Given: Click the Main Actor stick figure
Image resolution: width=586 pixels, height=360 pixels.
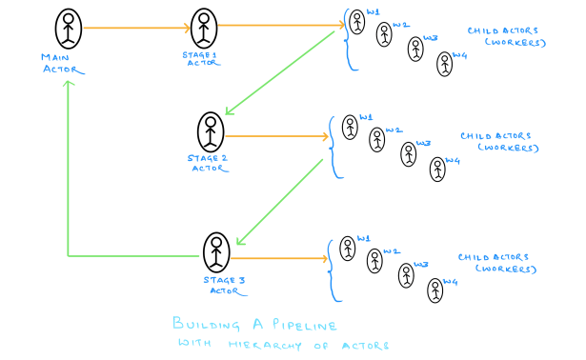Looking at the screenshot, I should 69,29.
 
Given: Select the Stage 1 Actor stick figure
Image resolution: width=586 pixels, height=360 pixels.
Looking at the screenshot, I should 204,29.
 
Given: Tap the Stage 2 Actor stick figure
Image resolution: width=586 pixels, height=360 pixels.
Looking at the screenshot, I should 211,131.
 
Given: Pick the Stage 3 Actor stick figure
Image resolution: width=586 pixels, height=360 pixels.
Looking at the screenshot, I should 217,251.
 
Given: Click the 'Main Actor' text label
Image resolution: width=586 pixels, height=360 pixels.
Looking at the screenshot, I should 54,63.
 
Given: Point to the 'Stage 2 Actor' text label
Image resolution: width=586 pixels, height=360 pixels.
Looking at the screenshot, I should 209,164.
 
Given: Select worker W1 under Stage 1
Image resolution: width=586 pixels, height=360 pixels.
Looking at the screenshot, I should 356,21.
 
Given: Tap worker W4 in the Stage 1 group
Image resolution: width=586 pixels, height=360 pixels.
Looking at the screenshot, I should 444,64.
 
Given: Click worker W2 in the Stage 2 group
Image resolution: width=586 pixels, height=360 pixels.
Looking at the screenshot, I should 377,142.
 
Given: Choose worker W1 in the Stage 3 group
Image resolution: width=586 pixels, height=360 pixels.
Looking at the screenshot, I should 348,249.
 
